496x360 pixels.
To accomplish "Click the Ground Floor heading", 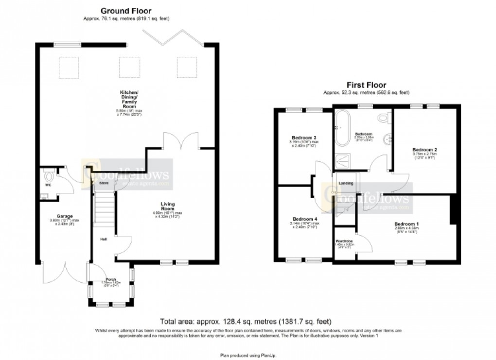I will tap(126, 10).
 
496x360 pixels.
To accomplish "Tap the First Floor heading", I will tap(366, 84).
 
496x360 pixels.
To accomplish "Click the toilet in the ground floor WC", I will tap(48, 173).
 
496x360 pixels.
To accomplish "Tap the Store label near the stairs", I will tap(104, 183).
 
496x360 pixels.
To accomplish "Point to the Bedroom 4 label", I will tap(304, 219).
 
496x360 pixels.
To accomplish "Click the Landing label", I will tap(346, 183).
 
